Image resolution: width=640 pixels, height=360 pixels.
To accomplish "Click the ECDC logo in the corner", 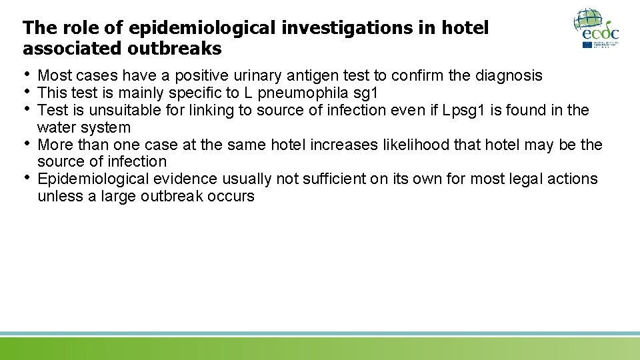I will click(x=596, y=28).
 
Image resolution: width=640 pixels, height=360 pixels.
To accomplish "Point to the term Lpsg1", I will click(x=466, y=110).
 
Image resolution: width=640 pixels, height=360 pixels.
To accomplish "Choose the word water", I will click(x=56, y=127).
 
